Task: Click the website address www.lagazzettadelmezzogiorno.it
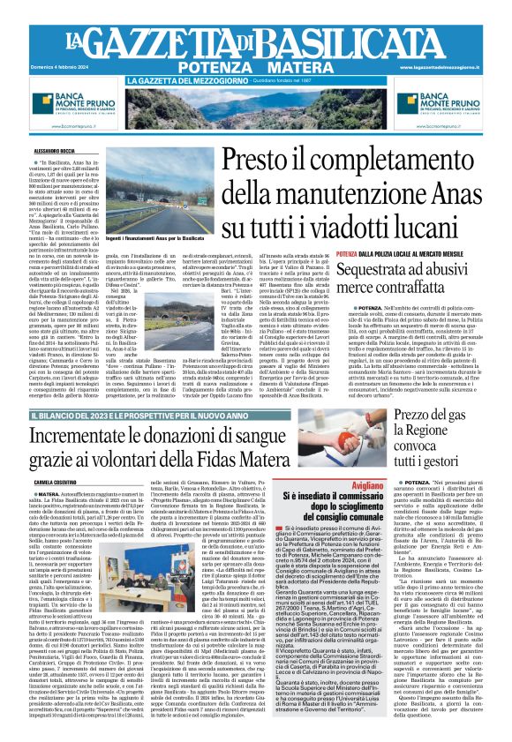[x=452, y=66]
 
